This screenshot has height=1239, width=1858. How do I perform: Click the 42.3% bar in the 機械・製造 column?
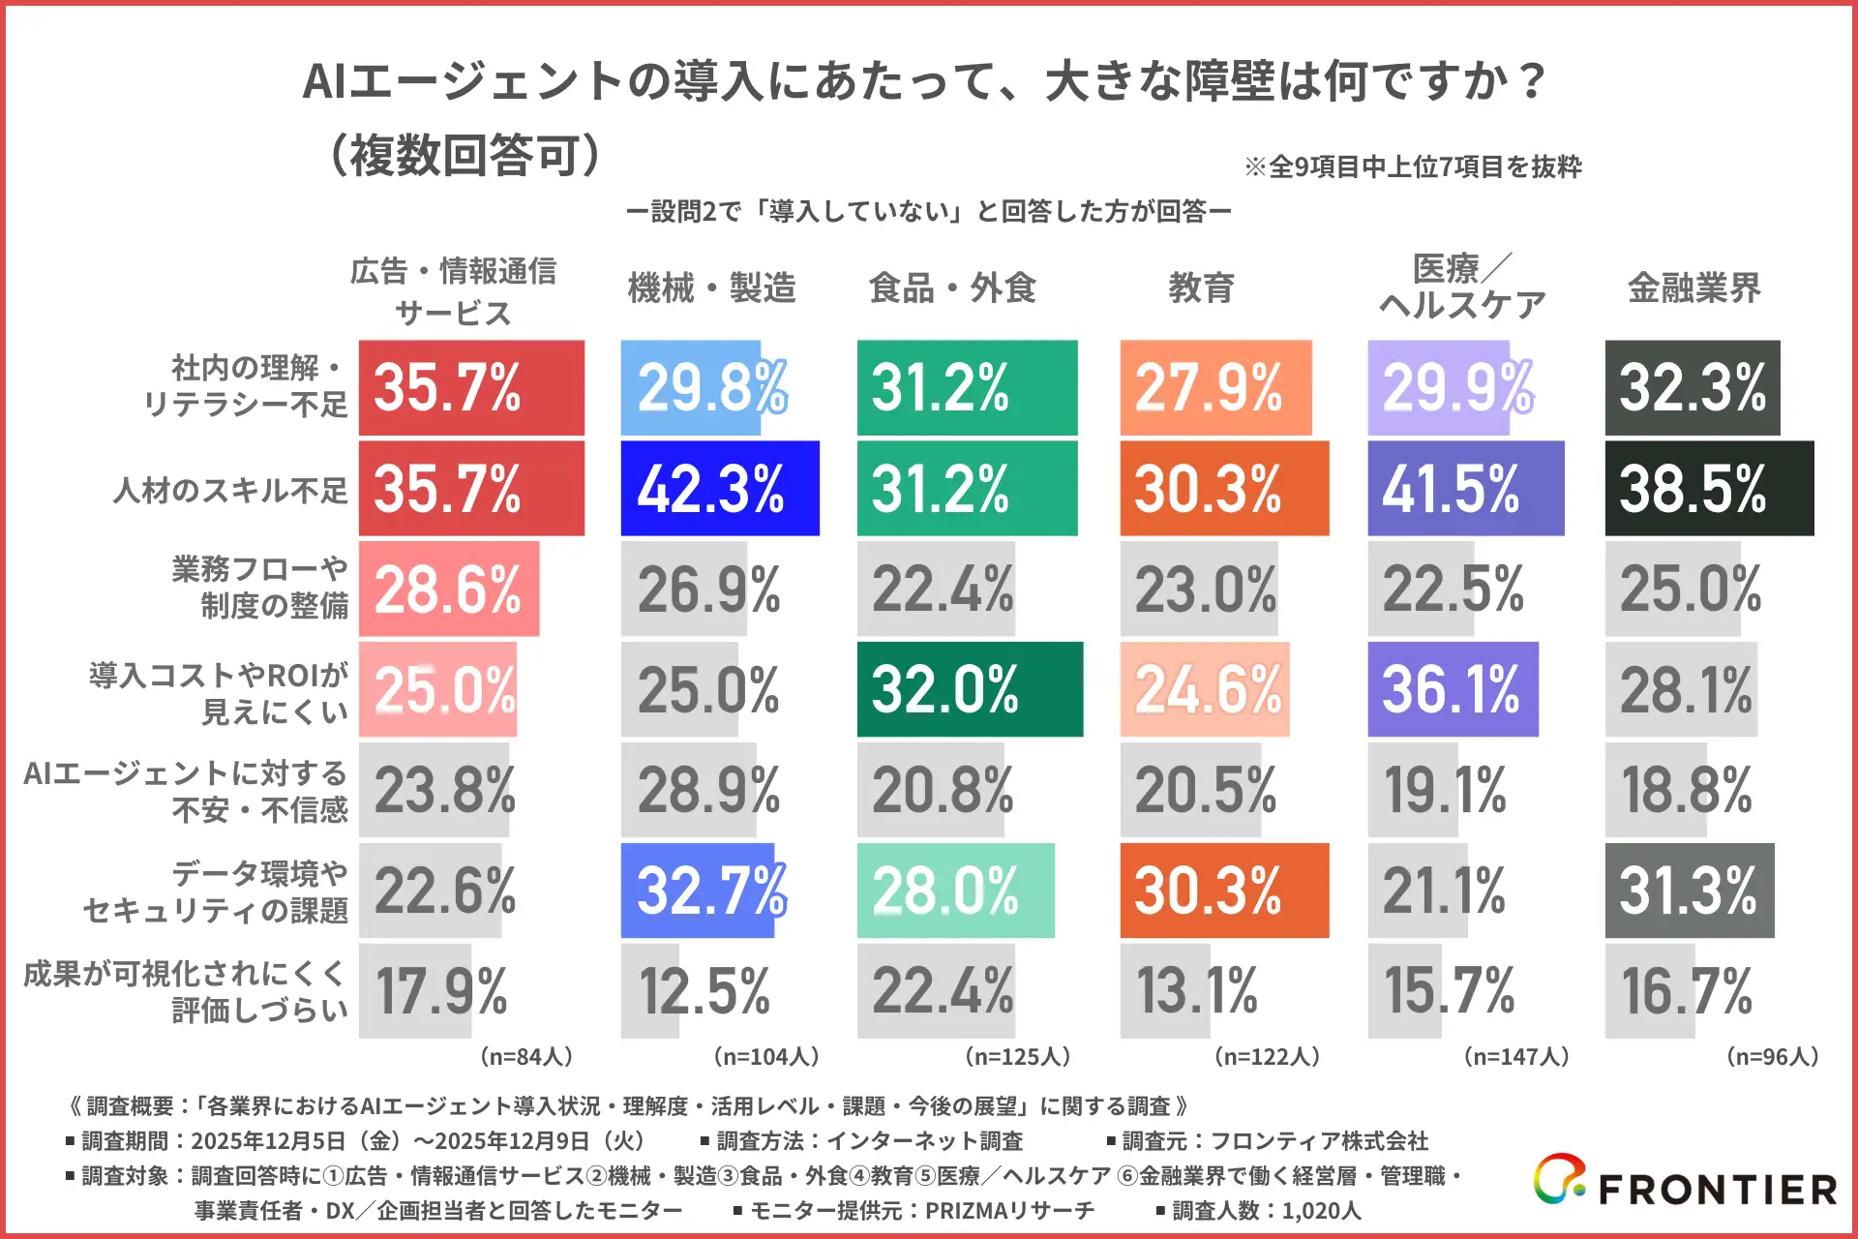tap(719, 488)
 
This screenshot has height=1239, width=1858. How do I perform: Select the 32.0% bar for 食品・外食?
tap(969, 689)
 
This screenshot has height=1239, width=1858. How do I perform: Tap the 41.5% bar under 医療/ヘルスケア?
tap(1465, 488)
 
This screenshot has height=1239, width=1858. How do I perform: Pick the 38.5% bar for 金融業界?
tap(1708, 488)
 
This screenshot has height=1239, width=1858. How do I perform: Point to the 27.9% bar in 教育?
tap(1215, 387)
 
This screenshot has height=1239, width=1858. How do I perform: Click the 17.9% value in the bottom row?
tap(441, 991)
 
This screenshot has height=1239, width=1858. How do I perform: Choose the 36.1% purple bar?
tap(1453, 689)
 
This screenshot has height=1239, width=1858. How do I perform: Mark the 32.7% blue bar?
tap(699, 891)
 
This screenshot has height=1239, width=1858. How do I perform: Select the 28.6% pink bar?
tap(448, 589)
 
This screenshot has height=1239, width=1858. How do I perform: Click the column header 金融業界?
tap(1693, 287)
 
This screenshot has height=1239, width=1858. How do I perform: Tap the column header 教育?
tap(1201, 287)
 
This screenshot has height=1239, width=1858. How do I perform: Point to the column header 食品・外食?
tap(952, 287)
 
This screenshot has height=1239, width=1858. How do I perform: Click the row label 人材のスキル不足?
tap(230, 490)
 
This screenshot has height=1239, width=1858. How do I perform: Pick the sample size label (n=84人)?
tap(526, 1056)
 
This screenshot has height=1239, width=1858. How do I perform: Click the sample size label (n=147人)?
tap(1515, 1056)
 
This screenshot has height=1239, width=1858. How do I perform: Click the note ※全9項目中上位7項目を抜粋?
tap(1413, 166)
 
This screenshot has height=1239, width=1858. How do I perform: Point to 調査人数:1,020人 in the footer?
tap(1258, 1210)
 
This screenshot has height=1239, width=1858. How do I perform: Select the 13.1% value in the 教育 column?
tap(1197, 991)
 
